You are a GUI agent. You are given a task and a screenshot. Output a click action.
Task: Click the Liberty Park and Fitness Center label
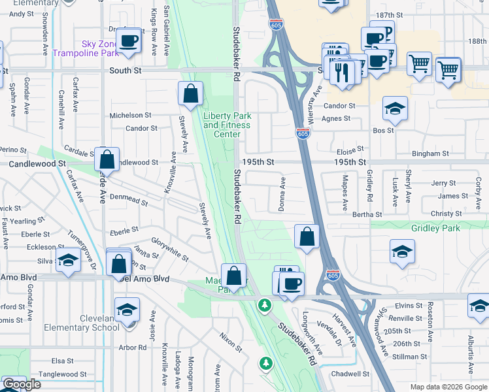227,125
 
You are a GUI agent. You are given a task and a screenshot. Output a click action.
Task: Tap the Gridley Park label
436,228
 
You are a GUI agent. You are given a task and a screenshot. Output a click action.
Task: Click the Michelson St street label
130,115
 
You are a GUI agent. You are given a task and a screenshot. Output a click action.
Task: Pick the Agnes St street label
336,119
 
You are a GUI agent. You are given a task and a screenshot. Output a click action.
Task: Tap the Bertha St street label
367,214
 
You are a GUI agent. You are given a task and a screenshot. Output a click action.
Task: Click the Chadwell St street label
350,374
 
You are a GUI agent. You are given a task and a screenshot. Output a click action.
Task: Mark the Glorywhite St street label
169,250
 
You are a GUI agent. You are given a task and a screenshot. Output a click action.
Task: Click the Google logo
22,385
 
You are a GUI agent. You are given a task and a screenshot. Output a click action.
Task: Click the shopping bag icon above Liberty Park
190,94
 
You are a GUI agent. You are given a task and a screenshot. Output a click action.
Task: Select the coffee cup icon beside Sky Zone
129,41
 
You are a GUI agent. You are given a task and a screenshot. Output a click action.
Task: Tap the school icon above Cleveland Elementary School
127,310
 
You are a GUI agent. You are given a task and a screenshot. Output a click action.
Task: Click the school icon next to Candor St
395,108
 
